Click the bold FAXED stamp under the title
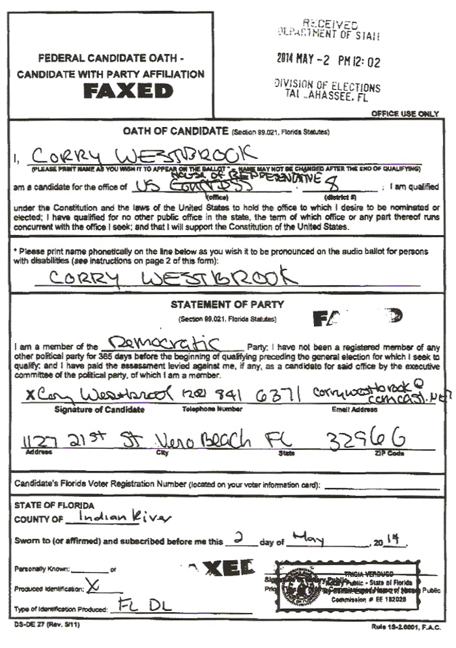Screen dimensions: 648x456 click(x=128, y=91)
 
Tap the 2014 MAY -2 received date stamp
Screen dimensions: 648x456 click(x=328, y=63)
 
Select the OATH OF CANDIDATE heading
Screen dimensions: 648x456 click(x=175, y=132)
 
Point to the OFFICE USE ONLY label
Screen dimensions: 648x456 click(x=405, y=114)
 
